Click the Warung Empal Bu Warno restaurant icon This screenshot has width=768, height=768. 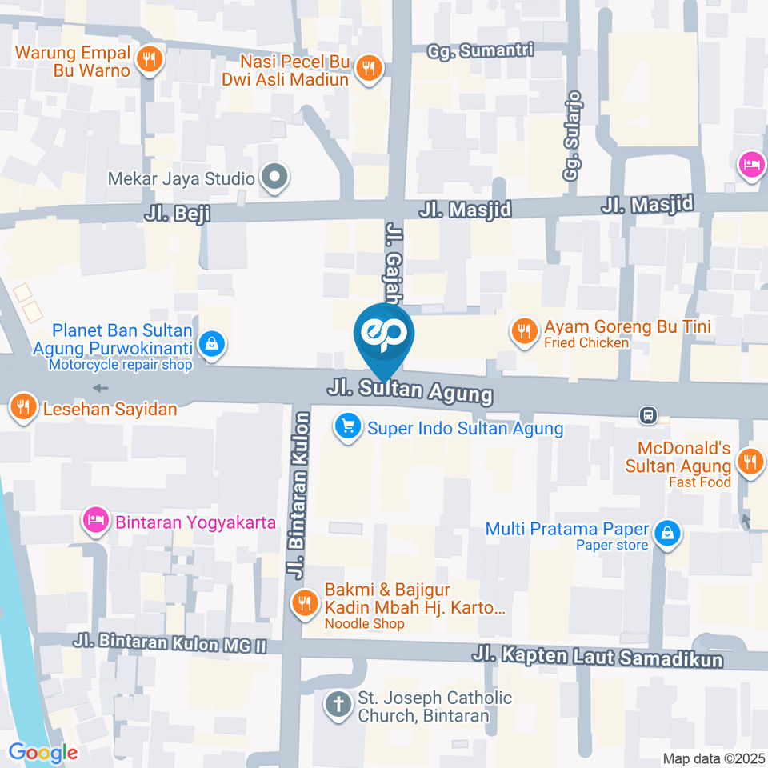point(149,59)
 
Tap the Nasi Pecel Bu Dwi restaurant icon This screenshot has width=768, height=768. point(368,68)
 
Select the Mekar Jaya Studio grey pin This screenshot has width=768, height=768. point(274,178)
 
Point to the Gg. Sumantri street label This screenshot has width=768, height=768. point(480,50)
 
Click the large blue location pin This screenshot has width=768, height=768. point(385,336)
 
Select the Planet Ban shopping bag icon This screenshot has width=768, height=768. point(211,344)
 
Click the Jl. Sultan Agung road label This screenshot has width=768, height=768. point(410,391)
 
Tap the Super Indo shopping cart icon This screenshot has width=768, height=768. point(347,427)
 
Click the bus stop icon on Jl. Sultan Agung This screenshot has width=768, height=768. point(648,415)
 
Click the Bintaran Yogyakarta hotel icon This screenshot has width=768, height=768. point(95,522)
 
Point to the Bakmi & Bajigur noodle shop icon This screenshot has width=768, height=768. point(305,601)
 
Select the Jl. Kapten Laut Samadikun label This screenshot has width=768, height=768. point(597,657)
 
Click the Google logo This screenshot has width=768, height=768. point(43,752)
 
